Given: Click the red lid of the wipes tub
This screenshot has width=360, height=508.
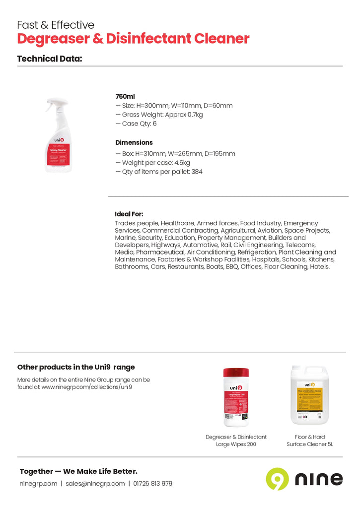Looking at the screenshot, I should (x=236, y=373).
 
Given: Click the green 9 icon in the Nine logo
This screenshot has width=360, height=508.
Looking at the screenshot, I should (x=277, y=479).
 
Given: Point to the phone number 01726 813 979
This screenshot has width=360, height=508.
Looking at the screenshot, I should (x=152, y=484).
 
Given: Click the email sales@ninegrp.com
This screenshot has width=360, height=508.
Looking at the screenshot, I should (x=95, y=484).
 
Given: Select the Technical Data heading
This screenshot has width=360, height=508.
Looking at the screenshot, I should (x=50, y=59).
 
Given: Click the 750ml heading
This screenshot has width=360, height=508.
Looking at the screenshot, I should (x=125, y=96).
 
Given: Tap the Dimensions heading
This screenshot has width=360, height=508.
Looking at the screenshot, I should (x=134, y=142).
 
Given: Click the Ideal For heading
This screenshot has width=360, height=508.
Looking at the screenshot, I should (x=129, y=214).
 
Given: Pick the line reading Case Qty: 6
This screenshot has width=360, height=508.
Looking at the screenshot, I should (x=136, y=124).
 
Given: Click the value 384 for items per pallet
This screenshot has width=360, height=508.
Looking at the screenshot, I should (x=196, y=172).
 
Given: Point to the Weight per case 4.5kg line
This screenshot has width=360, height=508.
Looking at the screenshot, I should (x=153, y=163).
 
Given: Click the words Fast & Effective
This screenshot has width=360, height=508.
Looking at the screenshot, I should (x=56, y=25).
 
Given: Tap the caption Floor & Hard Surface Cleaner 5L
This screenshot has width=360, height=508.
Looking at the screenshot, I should (x=310, y=441).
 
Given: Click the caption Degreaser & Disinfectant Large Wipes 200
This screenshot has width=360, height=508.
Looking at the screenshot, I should (x=236, y=441).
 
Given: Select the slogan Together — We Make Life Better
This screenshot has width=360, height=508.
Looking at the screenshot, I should (x=78, y=471).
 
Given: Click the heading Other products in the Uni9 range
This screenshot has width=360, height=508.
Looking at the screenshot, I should (x=76, y=367).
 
